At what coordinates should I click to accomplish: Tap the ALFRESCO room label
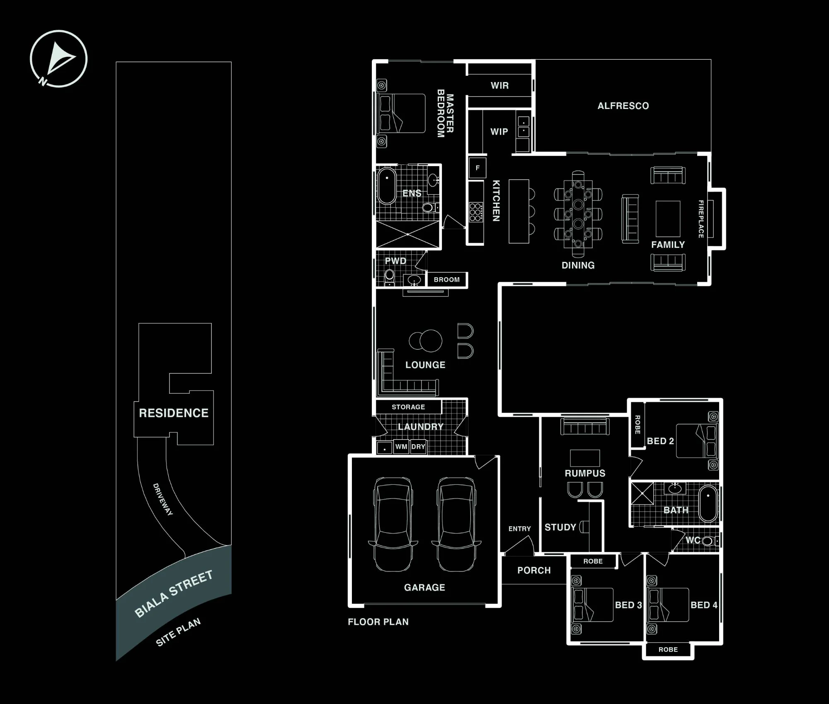click(623, 106)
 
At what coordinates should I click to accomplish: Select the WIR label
click(499, 86)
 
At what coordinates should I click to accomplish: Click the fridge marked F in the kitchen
click(478, 168)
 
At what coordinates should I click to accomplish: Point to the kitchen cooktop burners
click(476, 212)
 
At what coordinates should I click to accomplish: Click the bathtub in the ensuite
click(387, 186)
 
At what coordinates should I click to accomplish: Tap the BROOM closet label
click(446, 280)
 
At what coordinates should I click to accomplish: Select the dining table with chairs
click(578, 214)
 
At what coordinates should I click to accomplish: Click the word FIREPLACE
click(701, 219)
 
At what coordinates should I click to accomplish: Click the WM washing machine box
click(401, 447)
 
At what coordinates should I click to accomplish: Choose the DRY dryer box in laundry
click(418, 447)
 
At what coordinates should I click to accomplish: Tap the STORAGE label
click(408, 407)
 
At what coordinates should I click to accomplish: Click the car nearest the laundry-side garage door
click(456, 525)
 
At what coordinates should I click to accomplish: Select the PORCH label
click(534, 571)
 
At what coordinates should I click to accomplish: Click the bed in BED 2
click(697, 441)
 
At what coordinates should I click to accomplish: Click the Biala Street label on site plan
click(174, 594)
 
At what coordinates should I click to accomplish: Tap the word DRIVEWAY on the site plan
click(163, 499)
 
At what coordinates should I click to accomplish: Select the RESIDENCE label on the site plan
click(174, 413)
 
